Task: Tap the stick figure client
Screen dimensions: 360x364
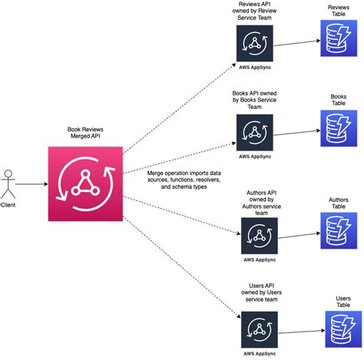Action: click(7, 182)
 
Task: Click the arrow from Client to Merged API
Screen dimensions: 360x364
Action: click(30, 183)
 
